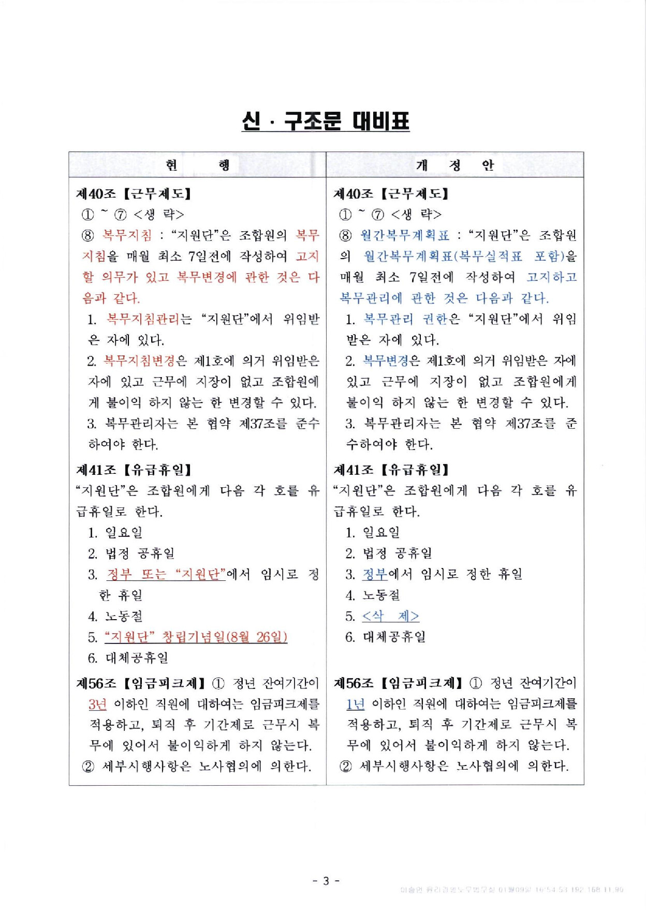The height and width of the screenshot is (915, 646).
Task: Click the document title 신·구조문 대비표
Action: coord(325,122)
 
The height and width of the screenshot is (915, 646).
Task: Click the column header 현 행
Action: coord(197,165)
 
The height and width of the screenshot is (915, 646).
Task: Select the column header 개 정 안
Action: coord(454,165)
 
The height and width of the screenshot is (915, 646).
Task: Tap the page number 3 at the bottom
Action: coord(326,880)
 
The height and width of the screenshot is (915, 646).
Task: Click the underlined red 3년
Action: coord(97,704)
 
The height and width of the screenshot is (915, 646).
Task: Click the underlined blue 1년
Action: coord(355,704)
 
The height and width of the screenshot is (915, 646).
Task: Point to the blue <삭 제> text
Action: coord(390,616)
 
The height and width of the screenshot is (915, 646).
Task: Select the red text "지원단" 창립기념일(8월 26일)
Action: coord(196,637)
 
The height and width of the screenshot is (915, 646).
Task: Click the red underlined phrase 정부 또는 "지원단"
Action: coord(166,574)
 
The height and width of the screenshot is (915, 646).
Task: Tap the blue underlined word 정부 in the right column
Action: coord(375,574)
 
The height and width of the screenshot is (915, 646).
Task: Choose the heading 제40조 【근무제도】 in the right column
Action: coord(391,194)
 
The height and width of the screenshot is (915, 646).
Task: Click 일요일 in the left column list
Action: coord(124,532)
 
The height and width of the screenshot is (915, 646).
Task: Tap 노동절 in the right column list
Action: coord(381,595)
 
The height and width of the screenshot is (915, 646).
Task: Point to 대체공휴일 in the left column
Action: coord(137,658)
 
